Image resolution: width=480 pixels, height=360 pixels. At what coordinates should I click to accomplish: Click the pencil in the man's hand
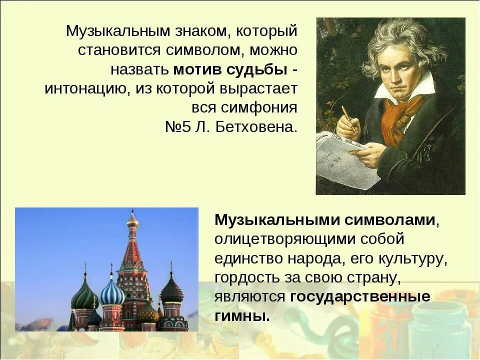pos(349,118)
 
